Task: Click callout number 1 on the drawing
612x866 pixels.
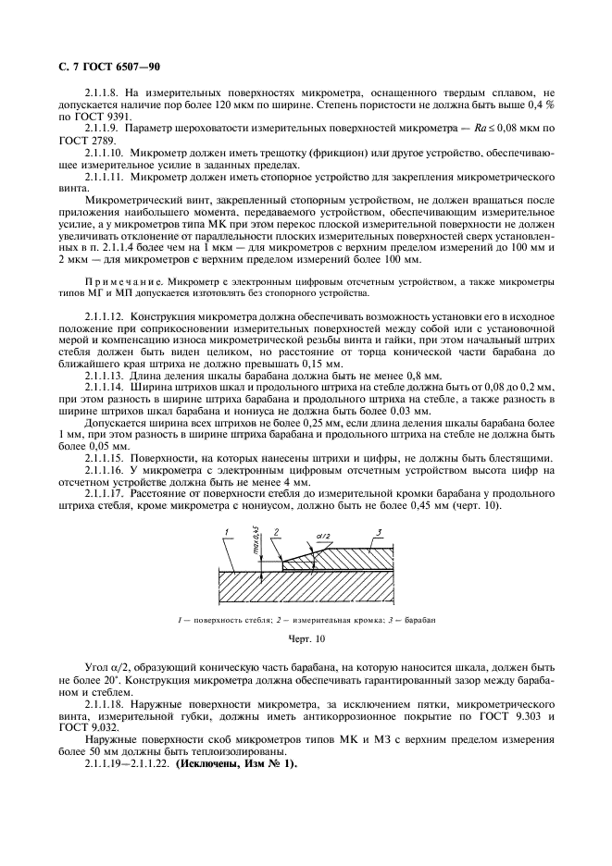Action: coord(226,531)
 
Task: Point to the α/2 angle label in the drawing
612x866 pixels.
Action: coord(320,535)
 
